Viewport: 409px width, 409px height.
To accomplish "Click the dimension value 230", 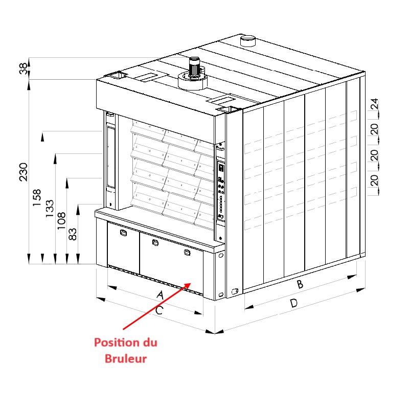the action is point(24,172).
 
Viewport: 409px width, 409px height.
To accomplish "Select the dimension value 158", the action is point(37,197).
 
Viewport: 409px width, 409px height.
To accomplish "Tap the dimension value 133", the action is point(49,209).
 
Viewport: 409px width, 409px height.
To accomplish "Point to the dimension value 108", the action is point(61,221).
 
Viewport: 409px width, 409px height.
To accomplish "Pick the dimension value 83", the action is point(73,234).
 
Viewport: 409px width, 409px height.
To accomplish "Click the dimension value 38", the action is point(23,69).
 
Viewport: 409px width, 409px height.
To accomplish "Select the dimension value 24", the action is point(374,104).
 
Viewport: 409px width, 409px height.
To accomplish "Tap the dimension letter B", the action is point(300,284).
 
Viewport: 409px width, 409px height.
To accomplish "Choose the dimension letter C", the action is point(159,310).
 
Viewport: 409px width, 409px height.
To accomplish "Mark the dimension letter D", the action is point(293,303).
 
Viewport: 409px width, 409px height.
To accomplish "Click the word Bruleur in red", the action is point(125,359).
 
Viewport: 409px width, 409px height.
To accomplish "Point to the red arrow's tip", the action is point(191,283).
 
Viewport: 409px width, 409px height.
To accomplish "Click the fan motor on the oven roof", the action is point(194,67).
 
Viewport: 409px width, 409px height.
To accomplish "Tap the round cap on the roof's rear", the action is point(247,41).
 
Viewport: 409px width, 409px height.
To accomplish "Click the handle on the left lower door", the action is point(123,233).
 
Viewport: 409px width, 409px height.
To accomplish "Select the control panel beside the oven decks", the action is point(221,192).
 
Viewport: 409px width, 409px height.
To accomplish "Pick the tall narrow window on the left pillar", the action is point(111,157).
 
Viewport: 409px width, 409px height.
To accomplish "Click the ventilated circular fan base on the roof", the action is point(193,81).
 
